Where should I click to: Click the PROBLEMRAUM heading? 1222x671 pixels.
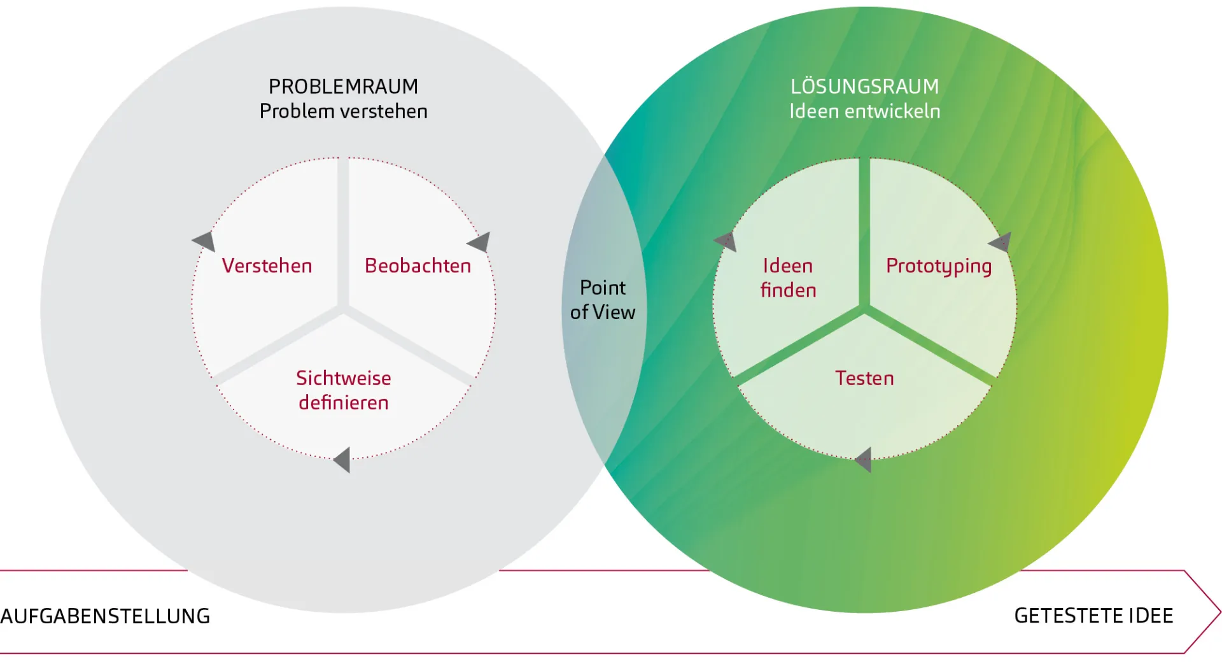(x=343, y=87)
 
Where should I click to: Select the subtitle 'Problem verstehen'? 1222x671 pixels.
(x=343, y=111)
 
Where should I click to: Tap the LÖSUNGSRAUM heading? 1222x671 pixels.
(x=864, y=87)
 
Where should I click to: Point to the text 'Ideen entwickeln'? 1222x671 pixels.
(x=864, y=111)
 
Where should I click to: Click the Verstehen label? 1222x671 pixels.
(x=267, y=266)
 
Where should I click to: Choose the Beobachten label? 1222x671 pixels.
(x=418, y=266)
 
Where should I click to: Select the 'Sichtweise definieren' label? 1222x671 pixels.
(x=343, y=390)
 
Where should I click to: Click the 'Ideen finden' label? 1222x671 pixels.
(x=788, y=278)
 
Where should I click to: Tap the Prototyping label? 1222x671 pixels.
(x=939, y=266)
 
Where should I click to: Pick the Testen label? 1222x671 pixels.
(x=864, y=378)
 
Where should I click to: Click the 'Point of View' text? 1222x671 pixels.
(x=603, y=300)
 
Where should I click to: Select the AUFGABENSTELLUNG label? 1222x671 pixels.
(x=105, y=616)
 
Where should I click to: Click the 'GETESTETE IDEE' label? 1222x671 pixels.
(x=1093, y=616)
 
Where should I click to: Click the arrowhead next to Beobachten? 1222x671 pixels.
(x=480, y=242)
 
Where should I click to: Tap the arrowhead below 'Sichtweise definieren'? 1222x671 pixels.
(x=343, y=460)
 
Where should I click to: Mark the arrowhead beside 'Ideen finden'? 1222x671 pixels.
(x=726, y=241)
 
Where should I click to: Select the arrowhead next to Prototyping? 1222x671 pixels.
(x=1001, y=242)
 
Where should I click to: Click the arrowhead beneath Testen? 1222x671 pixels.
(x=864, y=460)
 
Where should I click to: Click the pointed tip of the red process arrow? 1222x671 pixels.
(x=1218, y=612)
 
